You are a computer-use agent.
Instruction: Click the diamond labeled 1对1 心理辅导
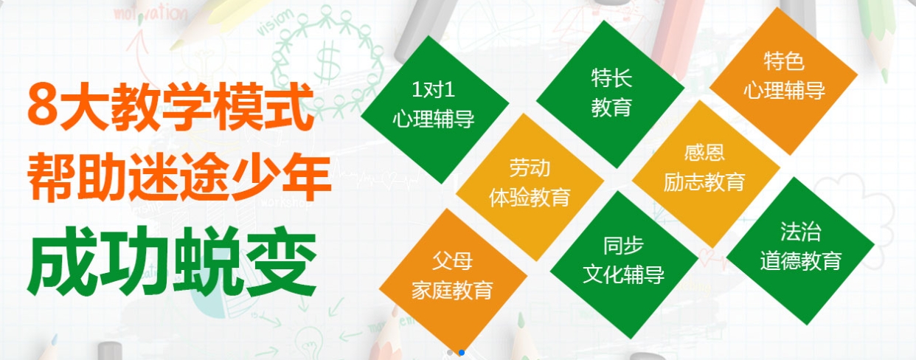click(434, 109)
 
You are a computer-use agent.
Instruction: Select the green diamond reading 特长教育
click(610, 94)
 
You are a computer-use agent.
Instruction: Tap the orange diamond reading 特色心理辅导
click(783, 81)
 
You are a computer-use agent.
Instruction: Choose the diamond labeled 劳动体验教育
click(530, 187)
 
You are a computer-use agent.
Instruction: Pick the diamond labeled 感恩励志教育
click(706, 174)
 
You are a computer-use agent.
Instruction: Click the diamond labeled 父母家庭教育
click(453, 282)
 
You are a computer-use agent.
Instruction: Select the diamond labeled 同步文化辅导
click(624, 265)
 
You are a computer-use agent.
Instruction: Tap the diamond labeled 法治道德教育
click(801, 251)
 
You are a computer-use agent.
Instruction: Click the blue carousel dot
click(462, 353)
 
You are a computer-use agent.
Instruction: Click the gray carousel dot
click(450, 353)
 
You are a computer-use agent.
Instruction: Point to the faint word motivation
click(150, 13)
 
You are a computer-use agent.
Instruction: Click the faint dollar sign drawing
click(328, 61)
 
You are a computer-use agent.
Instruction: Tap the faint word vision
click(275, 21)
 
